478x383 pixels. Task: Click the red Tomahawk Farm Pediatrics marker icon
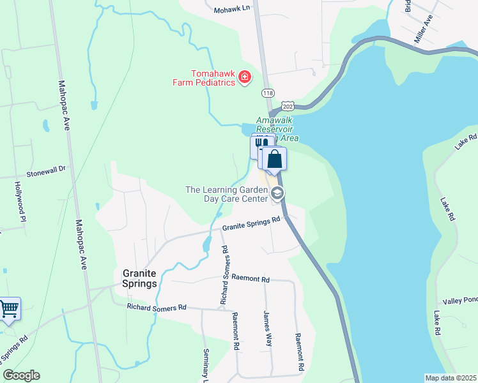[x=244, y=78]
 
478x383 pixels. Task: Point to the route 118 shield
[x=267, y=93]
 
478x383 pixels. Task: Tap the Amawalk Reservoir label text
[x=277, y=128]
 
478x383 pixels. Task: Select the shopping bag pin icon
[x=275, y=159]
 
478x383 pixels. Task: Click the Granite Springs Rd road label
[x=252, y=223]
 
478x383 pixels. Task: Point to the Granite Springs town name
[x=140, y=278]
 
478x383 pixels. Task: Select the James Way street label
[x=267, y=328]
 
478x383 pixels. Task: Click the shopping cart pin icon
[x=9, y=309]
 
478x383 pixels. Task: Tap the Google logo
[x=21, y=375]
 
